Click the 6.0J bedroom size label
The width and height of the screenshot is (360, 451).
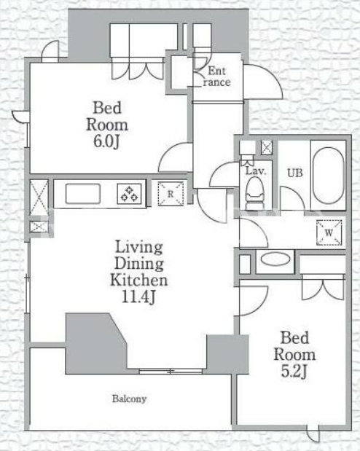[106, 141]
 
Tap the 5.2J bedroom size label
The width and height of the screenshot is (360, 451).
[294, 372]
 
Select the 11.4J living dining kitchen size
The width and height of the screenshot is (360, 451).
[138, 297]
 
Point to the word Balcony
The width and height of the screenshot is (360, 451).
[129, 399]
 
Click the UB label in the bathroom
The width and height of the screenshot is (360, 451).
[295, 173]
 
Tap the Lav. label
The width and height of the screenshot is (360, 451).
[256, 171]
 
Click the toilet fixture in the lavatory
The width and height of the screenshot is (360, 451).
[254, 193]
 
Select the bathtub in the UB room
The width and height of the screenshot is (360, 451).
[328, 176]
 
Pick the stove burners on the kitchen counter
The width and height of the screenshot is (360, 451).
[129, 193]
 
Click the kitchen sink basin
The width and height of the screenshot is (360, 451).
[83, 193]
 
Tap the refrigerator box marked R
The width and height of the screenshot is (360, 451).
[171, 194]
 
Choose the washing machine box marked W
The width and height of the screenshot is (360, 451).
[329, 232]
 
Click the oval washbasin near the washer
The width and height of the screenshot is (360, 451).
[275, 259]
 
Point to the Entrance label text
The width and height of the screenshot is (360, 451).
[216, 77]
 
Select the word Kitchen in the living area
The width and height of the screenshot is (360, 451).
[138, 281]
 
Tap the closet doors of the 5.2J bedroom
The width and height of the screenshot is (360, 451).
[323, 287]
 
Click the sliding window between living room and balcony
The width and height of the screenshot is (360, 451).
[171, 372]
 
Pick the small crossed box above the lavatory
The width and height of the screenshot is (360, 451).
[267, 147]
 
